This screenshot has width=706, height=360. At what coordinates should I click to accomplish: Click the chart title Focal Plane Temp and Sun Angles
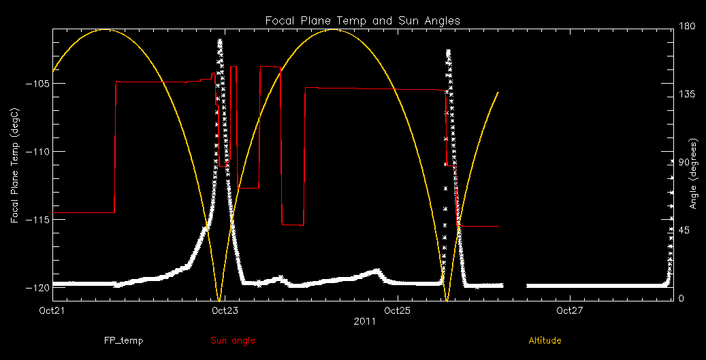point(362,20)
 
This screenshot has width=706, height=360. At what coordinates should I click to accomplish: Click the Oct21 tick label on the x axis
point(52,311)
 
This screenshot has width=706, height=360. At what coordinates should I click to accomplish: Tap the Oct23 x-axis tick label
point(225,311)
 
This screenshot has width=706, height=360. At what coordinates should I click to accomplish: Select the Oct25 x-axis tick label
point(397,311)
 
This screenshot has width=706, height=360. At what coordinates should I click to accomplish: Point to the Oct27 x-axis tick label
point(569,311)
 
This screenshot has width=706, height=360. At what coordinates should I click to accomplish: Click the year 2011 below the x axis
point(362,321)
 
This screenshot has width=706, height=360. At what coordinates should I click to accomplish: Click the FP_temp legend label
point(123,340)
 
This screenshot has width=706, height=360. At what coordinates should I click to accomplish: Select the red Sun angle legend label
point(233,340)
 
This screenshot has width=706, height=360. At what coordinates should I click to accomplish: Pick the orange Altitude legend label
point(545,340)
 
